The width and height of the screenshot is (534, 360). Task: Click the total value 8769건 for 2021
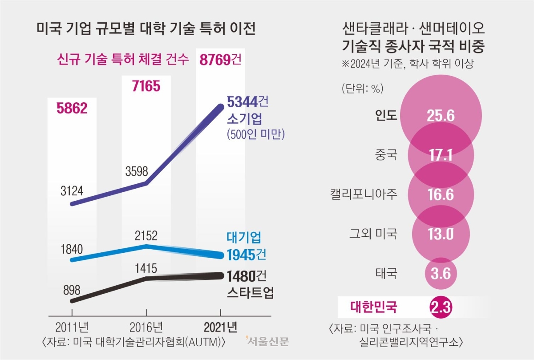[221, 59]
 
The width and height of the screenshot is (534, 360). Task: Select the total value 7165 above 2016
[146, 86]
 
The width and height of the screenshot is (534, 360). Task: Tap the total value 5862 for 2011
[72, 108]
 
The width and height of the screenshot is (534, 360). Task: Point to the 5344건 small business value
[248, 102]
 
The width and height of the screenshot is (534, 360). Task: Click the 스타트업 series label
[250, 293]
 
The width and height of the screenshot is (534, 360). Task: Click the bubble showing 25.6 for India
[441, 116]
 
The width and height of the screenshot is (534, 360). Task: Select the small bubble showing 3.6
[441, 273]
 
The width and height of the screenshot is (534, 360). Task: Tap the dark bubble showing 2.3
[441, 307]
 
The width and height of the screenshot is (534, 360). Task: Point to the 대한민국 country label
[374, 307]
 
